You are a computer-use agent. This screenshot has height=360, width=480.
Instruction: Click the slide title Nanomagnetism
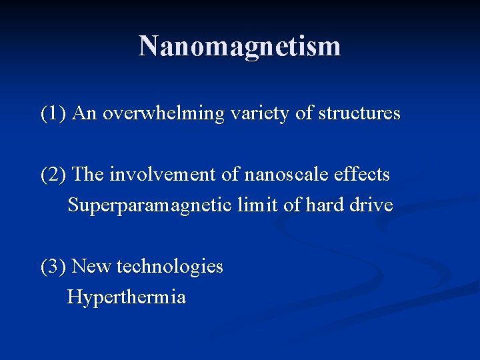[x=239, y=46]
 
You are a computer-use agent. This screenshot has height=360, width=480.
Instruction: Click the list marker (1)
[x=53, y=113]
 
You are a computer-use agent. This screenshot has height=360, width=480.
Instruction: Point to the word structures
[x=359, y=113]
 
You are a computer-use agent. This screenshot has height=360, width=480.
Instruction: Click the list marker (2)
[x=53, y=175]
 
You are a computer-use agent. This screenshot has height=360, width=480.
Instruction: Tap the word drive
[x=371, y=205]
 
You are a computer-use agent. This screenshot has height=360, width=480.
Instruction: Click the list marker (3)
[x=53, y=267]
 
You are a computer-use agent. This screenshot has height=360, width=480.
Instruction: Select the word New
[x=91, y=267]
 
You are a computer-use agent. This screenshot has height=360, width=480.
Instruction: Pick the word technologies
[x=169, y=267]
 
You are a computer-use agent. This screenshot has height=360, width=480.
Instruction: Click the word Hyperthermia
[x=127, y=297]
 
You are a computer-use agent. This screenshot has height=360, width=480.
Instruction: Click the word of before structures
[x=304, y=113]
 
